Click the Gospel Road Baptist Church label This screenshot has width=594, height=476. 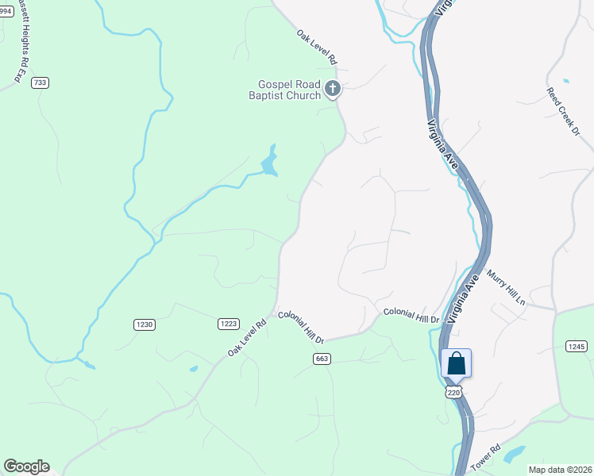(x=288, y=90)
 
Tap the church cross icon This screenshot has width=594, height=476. (x=333, y=88)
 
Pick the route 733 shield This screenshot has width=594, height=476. (x=40, y=82)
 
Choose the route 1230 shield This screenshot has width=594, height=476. (x=144, y=324)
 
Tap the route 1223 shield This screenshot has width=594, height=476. (x=229, y=324)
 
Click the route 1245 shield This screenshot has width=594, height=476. (x=577, y=346)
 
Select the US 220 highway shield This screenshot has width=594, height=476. (x=453, y=392)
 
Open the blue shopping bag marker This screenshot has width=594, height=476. (x=456, y=364)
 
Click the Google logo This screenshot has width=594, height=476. (x=26, y=466)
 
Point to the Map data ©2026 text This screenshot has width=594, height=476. (x=559, y=469)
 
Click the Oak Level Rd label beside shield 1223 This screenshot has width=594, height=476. (x=248, y=337)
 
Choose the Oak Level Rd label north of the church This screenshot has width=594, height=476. (x=318, y=47)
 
